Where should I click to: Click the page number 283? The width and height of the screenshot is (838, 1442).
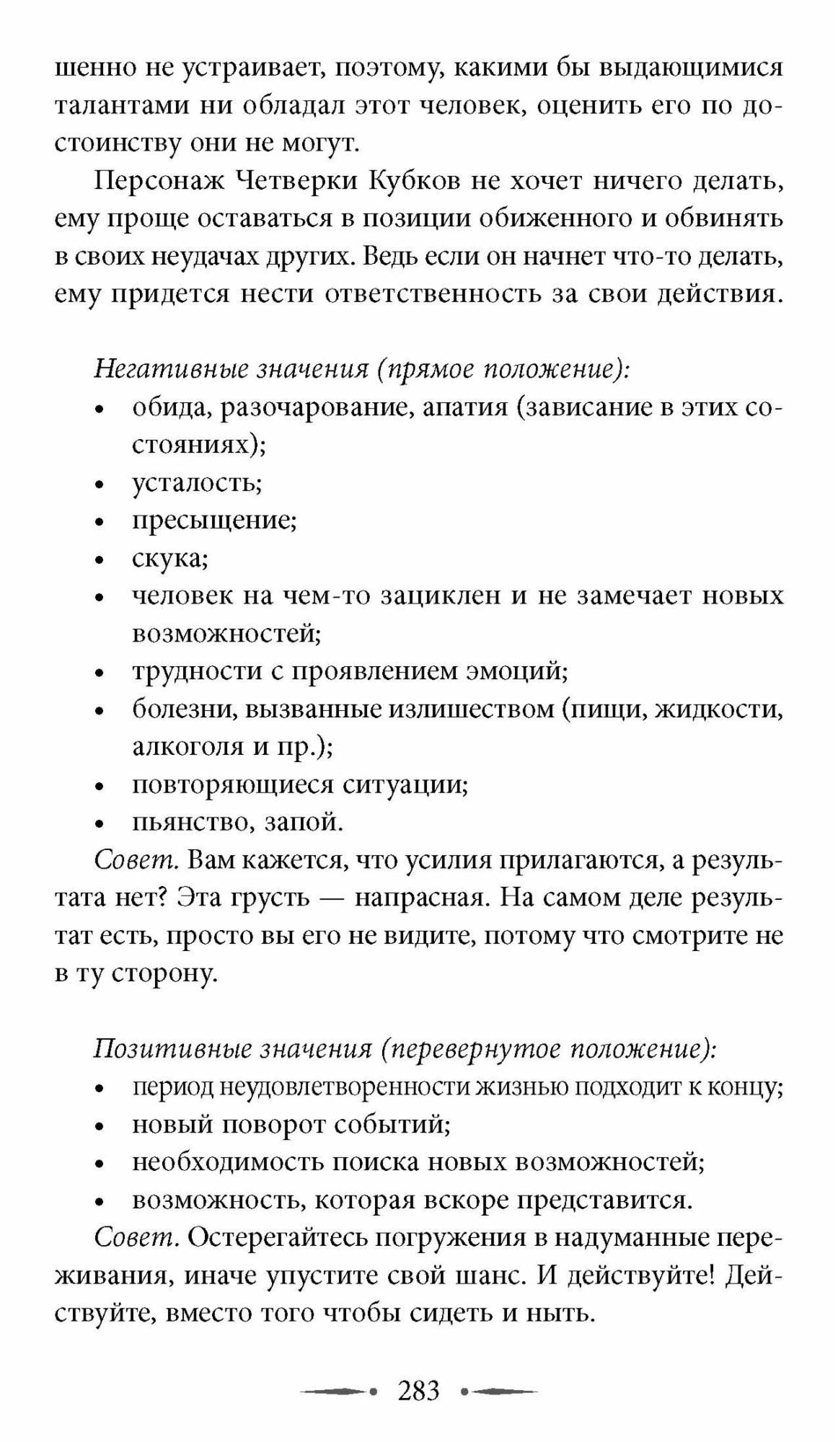click(418, 1389)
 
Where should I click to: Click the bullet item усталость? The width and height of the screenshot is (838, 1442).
click(196, 482)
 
